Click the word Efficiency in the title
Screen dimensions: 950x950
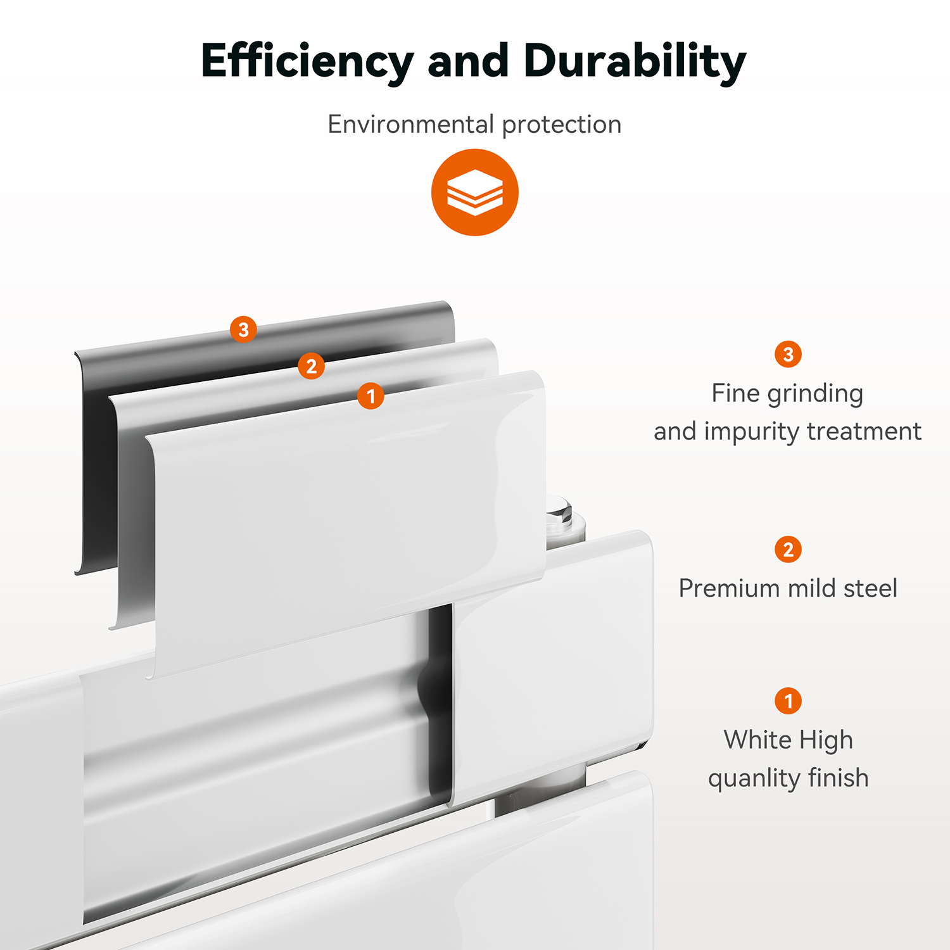(x=307, y=62)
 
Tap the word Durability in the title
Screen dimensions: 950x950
(x=635, y=62)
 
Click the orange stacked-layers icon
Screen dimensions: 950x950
(x=475, y=193)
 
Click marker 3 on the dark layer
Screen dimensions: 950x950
(x=243, y=329)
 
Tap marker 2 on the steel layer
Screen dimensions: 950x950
(x=311, y=366)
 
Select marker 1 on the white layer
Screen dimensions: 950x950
(x=370, y=396)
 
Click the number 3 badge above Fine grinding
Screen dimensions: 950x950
(x=788, y=354)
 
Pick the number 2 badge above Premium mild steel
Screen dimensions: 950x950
(x=788, y=549)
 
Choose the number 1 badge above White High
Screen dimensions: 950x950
(x=788, y=700)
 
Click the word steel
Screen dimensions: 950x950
(x=870, y=588)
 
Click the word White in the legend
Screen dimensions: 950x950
(x=756, y=739)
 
